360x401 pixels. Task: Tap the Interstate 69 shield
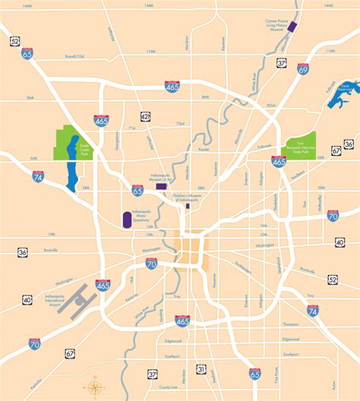pos(304,68)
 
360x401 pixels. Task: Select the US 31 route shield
pos(201,368)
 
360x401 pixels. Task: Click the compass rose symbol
pos(94,387)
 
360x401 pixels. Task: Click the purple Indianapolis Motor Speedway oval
pos(125,220)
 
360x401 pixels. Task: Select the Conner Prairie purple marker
pos(292,28)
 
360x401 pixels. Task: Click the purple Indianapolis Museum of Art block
pos(161,185)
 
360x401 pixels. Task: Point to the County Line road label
pos(168,365)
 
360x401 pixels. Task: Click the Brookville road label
pos(306,270)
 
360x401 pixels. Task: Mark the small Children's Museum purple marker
pos(188,205)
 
